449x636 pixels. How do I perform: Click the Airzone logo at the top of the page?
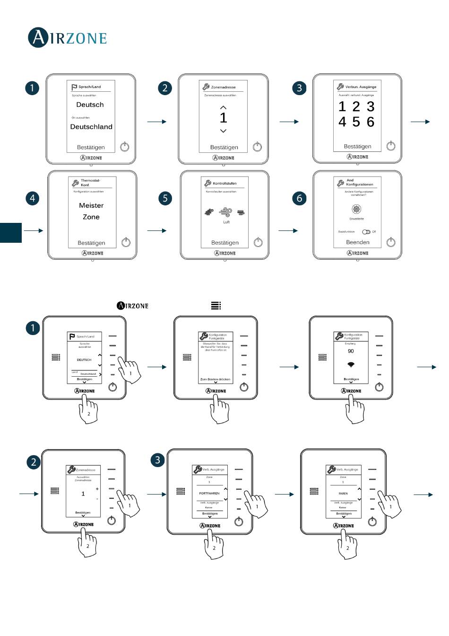67,38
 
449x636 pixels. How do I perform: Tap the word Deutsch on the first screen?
90,105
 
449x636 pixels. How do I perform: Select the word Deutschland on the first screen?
91,127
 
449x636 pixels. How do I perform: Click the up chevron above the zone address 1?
224,107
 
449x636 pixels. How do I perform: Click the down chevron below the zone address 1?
224,131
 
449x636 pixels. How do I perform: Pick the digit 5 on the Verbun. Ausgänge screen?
356,122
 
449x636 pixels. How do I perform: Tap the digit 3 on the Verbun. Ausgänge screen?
371,106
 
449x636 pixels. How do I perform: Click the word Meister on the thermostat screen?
91,205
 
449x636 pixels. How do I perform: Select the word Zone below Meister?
91,217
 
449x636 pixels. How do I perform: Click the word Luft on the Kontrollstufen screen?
226,222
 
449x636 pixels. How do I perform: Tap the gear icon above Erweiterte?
356,209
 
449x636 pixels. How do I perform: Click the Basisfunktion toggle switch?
366,232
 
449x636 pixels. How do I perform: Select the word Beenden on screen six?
358,242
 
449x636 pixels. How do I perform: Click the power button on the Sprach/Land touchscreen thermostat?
124,147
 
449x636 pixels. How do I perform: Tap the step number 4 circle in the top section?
32,198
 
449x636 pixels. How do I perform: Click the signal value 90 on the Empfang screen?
351,351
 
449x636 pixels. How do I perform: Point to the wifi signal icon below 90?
351,364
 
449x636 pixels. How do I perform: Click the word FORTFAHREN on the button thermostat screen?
209,493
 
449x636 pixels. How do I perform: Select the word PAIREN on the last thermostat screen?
343,493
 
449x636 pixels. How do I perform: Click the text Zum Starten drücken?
216,380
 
